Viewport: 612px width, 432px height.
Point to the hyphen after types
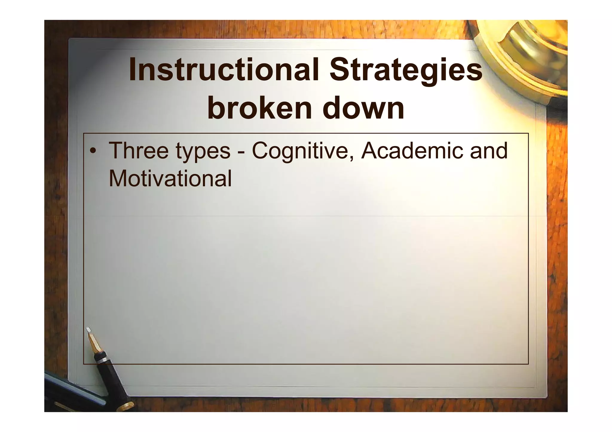pyautogui.click(x=241, y=152)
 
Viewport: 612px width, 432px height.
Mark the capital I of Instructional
pyautogui.click(x=132, y=70)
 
